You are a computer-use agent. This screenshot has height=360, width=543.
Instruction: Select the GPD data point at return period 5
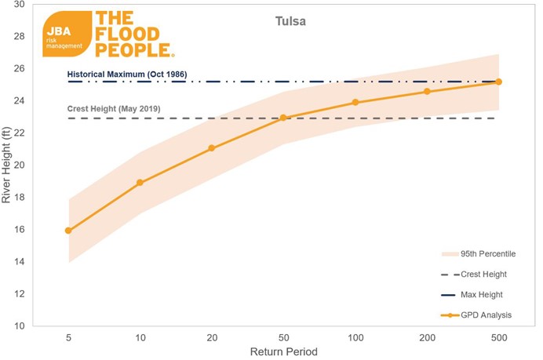tap(68, 231)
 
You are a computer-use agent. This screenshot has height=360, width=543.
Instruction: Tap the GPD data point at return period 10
tap(140, 183)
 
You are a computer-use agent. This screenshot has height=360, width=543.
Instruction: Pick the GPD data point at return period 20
tap(211, 148)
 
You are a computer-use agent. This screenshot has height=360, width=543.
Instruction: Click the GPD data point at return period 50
tap(283, 118)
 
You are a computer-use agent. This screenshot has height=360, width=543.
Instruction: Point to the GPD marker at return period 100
tap(355, 103)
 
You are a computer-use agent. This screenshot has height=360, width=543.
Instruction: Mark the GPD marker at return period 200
tap(427, 92)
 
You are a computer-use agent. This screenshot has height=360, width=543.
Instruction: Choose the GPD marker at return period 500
tap(498, 82)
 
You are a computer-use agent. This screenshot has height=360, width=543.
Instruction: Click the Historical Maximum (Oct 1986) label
tap(126, 74)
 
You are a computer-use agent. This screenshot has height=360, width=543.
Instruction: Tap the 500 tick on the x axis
tap(498, 338)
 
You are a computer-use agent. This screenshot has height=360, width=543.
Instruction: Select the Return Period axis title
tap(283, 352)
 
